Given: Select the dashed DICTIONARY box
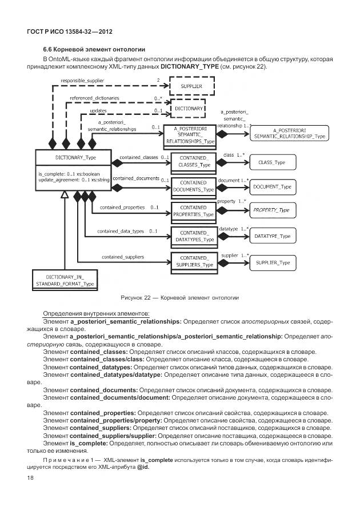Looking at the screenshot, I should click(x=188, y=108).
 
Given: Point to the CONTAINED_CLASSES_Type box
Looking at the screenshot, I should click(x=194, y=161).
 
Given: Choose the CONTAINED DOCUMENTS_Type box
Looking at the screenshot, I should click(x=194, y=185).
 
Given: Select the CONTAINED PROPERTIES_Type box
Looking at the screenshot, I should click(x=194, y=210).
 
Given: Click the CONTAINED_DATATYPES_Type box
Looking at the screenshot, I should click(x=194, y=236).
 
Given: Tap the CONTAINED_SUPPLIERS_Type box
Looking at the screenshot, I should click(x=194, y=261).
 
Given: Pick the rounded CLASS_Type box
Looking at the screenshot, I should click(x=272, y=162).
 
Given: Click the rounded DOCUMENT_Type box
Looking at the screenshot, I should click(x=272, y=187).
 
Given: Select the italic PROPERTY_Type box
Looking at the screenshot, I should click(x=272, y=211).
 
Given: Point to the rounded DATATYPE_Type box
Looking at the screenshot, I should click(x=272, y=236).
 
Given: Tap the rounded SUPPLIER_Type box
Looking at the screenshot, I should click(x=272, y=262).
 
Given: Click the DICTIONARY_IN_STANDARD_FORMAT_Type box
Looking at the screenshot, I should click(x=65, y=280).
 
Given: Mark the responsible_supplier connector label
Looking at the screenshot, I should click(x=82, y=81).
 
